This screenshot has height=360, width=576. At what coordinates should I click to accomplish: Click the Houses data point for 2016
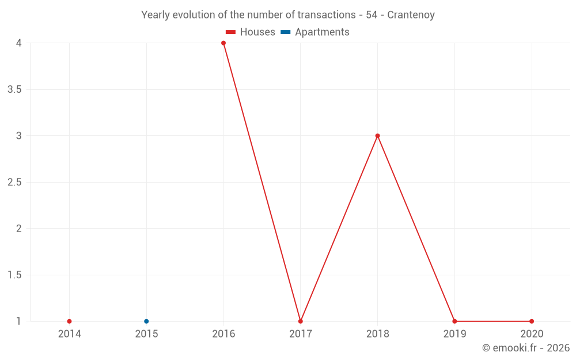click(223, 43)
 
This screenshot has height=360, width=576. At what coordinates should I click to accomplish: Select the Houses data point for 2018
click(377, 136)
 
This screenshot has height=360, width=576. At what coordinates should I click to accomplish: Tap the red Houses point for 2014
click(69, 321)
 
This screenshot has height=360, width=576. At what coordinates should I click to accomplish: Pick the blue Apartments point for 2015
click(146, 321)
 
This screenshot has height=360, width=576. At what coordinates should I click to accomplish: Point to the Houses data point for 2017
click(300, 321)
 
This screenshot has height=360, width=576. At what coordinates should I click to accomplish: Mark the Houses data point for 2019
click(454, 321)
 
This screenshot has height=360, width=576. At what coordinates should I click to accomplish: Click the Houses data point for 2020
click(532, 321)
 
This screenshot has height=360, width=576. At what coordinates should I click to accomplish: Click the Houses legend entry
click(257, 32)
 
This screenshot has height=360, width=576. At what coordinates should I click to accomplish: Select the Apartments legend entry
click(322, 32)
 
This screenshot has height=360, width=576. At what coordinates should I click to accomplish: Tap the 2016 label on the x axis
click(223, 334)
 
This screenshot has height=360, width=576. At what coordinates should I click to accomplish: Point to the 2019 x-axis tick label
click(454, 334)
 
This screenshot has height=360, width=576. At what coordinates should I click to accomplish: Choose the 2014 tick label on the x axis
click(69, 334)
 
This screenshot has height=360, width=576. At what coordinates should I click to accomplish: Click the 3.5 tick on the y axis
click(15, 90)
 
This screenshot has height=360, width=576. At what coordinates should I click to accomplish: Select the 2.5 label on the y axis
click(15, 183)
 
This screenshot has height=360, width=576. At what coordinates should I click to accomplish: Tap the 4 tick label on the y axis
click(19, 43)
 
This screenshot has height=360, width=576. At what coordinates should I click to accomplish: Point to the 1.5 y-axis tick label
click(15, 275)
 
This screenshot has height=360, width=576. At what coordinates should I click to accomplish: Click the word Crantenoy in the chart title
click(411, 15)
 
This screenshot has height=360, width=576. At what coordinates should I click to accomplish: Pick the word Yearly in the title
click(156, 15)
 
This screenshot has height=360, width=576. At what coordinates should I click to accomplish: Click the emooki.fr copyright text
click(526, 348)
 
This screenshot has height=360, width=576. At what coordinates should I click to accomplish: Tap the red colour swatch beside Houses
click(231, 32)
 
